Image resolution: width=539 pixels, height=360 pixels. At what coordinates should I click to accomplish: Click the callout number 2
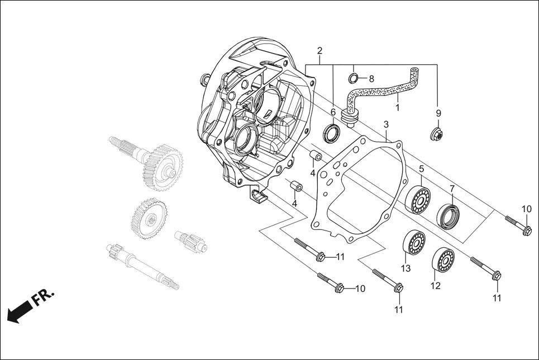coord(319,51)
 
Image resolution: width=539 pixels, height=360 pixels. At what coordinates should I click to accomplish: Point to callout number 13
coord(406,268)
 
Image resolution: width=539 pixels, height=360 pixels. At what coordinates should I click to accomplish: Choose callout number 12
coord(436,286)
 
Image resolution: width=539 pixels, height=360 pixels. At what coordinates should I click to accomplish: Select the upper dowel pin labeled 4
coord(316,155)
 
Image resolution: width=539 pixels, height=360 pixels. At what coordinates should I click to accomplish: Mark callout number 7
coord(452,189)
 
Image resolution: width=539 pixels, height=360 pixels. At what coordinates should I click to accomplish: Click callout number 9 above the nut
coord(438,113)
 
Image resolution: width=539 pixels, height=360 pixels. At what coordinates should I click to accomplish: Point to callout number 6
coord(333,112)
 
